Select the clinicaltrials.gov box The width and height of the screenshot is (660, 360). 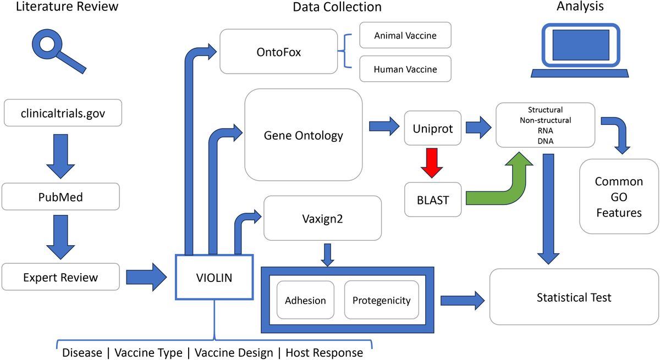(x=62, y=114)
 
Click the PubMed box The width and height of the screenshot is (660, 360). (x=61, y=196)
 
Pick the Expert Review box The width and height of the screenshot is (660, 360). (x=61, y=277)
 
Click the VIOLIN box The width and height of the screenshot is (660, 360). (x=213, y=278)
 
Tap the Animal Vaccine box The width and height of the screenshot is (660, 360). (x=405, y=36)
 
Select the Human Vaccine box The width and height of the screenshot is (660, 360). (x=405, y=70)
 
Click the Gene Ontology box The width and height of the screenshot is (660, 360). (x=303, y=135)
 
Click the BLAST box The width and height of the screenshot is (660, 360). (x=432, y=200)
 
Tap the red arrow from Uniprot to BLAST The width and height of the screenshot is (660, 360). (x=432, y=164)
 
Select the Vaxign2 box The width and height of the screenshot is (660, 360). (x=322, y=218)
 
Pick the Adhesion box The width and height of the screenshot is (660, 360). (x=305, y=300)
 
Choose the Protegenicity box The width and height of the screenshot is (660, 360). (x=381, y=300)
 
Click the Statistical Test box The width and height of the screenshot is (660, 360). (x=574, y=297)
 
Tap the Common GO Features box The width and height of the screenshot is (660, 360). (x=618, y=197)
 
